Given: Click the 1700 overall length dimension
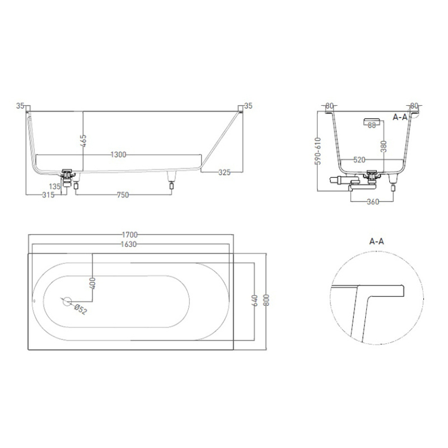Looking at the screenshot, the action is coord(130,235).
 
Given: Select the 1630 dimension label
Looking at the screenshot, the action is coord(129,245).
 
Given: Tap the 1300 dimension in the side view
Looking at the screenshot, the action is coord(118,155).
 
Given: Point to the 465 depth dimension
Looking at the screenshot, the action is coord(83,141).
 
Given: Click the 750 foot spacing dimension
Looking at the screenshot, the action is coord(123,195).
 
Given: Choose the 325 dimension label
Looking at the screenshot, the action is coord(224,173).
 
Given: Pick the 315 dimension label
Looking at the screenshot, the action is coord(48,195).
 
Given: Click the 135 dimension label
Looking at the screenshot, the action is coord(55,186).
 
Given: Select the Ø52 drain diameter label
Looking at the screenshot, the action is coord(80,310).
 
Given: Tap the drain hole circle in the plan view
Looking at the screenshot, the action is coord(67,301).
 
